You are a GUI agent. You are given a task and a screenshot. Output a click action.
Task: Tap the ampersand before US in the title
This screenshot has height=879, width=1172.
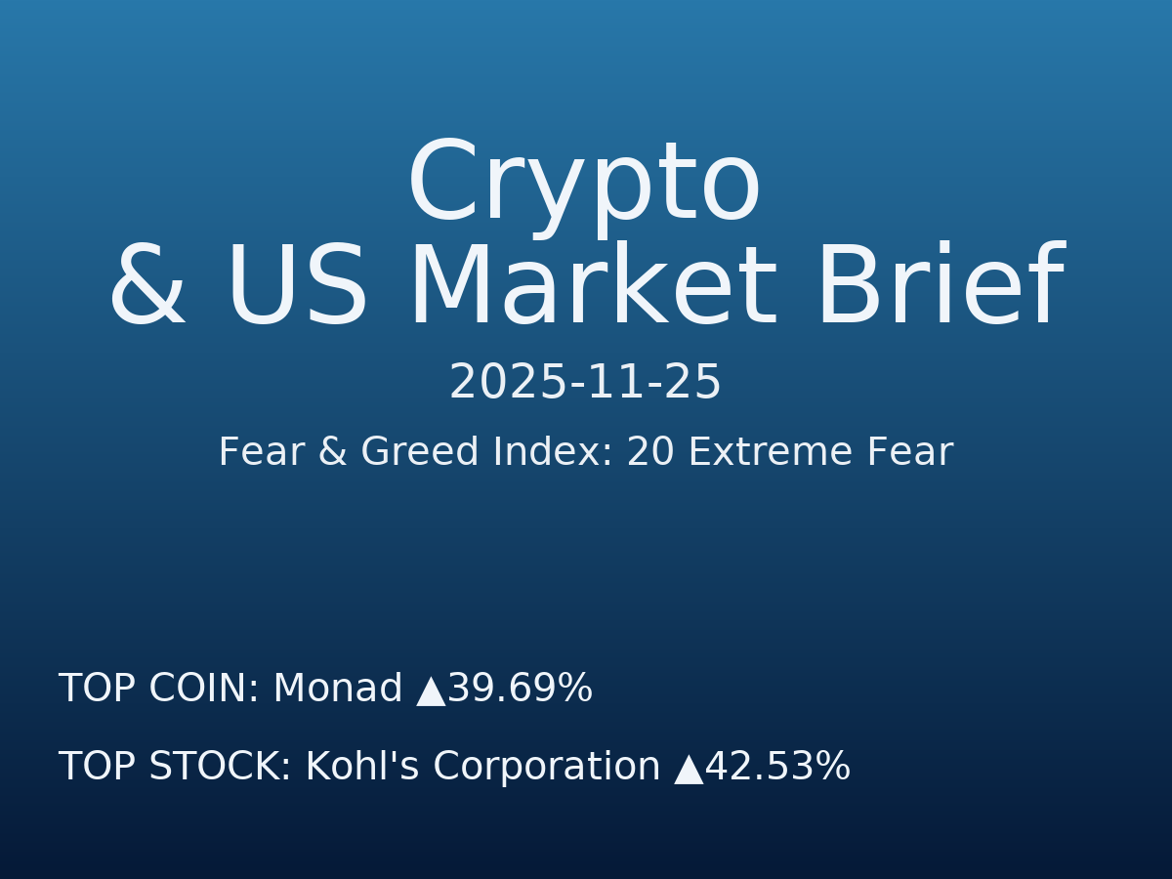coord(146,289)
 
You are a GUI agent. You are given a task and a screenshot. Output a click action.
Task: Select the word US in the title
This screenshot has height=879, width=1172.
coord(297,289)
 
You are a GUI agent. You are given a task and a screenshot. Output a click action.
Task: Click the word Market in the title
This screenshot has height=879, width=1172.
coord(592,289)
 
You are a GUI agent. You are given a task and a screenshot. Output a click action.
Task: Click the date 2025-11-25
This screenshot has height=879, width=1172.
coord(585,383)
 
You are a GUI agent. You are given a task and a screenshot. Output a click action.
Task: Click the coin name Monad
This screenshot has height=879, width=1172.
coord(337,690)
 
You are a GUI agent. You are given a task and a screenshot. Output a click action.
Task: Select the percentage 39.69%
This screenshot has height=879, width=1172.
coord(521,690)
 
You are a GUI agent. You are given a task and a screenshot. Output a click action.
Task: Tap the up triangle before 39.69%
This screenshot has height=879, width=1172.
coord(431,691)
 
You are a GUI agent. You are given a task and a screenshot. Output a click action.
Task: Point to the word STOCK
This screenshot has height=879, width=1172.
coord(220,768)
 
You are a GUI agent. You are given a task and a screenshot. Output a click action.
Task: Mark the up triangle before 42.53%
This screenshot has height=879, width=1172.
coord(689,769)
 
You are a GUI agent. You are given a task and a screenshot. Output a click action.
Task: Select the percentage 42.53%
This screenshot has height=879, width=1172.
coord(778,768)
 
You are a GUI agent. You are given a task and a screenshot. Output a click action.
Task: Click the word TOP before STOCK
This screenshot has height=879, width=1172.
coord(98,768)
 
